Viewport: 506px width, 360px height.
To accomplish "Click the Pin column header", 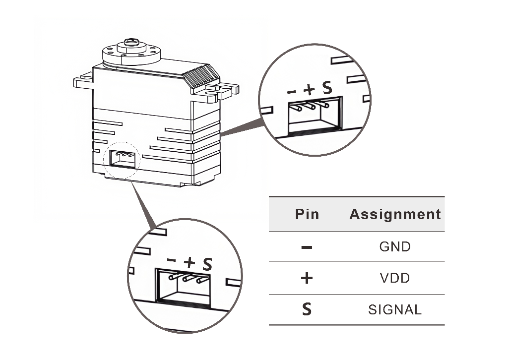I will pyautogui.click(x=307, y=214).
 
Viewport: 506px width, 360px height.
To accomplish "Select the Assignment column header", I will pyautogui.click(x=395, y=214).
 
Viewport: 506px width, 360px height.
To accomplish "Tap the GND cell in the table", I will pyautogui.click(x=395, y=246).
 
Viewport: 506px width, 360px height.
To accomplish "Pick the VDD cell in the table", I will pyautogui.click(x=395, y=278).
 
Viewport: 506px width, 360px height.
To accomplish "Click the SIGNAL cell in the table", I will pyautogui.click(x=395, y=310).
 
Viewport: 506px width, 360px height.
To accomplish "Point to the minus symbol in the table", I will pyautogui.click(x=307, y=246).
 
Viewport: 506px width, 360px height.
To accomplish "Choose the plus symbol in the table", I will pyautogui.click(x=307, y=278).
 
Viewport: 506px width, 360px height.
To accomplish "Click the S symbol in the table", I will pyautogui.click(x=307, y=310).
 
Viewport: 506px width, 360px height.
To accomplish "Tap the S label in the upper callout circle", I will pyautogui.click(x=326, y=89).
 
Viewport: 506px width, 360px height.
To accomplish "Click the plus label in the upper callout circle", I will pyautogui.click(x=309, y=90).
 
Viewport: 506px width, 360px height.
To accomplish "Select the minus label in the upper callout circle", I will pyautogui.click(x=292, y=91).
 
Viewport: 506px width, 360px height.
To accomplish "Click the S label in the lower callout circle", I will pyautogui.click(x=207, y=263).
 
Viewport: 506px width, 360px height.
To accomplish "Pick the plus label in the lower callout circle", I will pyautogui.click(x=189, y=262).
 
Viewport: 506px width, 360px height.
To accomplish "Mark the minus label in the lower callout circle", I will pyautogui.click(x=172, y=260).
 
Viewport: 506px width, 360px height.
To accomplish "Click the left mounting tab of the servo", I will pyautogui.click(x=82, y=80).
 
